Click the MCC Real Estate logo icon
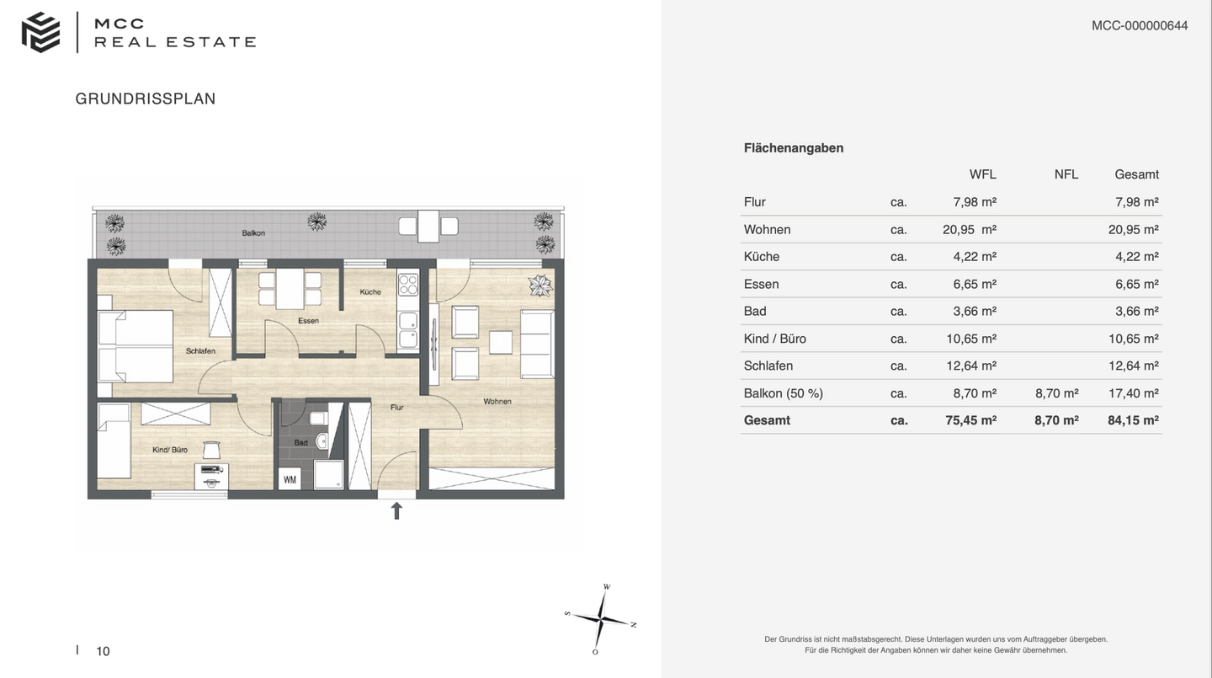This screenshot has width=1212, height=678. (40, 33)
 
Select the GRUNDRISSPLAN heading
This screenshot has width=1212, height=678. (146, 99)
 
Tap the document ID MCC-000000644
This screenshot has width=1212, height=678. (1140, 25)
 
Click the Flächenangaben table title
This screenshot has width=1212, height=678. (793, 148)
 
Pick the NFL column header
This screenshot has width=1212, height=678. (1066, 174)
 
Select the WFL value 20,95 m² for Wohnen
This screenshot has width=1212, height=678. (969, 229)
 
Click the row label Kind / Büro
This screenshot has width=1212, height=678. (774, 339)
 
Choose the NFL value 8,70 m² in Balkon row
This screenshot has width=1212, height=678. (1056, 393)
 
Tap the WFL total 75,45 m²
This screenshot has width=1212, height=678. (970, 420)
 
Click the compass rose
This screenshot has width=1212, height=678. (602, 619)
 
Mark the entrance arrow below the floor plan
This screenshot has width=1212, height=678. (396, 510)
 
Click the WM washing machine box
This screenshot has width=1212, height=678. (290, 480)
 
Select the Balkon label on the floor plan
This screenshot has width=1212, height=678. (253, 232)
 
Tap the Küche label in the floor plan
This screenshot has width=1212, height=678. (370, 292)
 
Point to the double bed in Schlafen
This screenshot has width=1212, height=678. (136, 348)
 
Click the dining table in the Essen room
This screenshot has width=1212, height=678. (290, 288)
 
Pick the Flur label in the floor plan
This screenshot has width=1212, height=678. (396, 408)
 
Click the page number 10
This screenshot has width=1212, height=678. (103, 651)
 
